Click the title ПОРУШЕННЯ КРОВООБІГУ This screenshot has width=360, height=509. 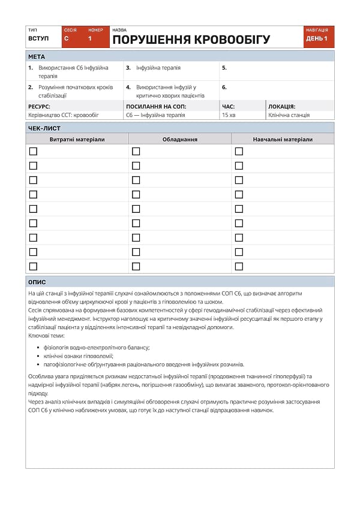191,40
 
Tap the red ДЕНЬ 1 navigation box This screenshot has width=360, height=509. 316,39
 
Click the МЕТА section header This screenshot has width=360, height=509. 37,56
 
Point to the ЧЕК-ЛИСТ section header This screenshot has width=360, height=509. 44,128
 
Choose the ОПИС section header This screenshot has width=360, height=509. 37,282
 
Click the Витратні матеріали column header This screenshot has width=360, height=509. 77,139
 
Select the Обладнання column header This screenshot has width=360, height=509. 180,139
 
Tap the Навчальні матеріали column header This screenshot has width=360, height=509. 283,139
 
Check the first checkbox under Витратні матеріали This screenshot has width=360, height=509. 33,151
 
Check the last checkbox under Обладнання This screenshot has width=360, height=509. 136,266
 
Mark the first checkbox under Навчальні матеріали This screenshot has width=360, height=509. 239,151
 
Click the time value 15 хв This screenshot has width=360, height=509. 229,115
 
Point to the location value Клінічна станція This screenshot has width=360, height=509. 289,115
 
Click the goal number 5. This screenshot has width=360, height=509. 224,68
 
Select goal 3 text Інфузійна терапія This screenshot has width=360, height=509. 158,68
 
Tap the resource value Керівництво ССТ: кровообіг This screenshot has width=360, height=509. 64,115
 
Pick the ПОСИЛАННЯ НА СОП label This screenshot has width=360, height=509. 156,106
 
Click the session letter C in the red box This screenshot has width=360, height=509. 66,39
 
